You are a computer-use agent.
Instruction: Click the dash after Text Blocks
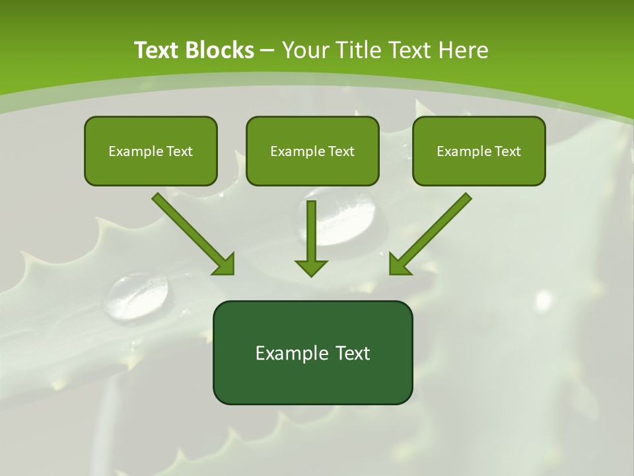point(268,50)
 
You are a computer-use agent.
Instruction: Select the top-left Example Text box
point(151,151)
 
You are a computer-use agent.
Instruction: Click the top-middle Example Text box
point(312,151)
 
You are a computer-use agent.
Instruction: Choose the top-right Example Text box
point(479,151)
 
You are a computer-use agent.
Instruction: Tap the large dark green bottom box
point(312,352)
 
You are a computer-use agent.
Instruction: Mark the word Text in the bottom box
point(353,353)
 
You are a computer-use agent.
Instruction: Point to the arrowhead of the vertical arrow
point(312,267)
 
